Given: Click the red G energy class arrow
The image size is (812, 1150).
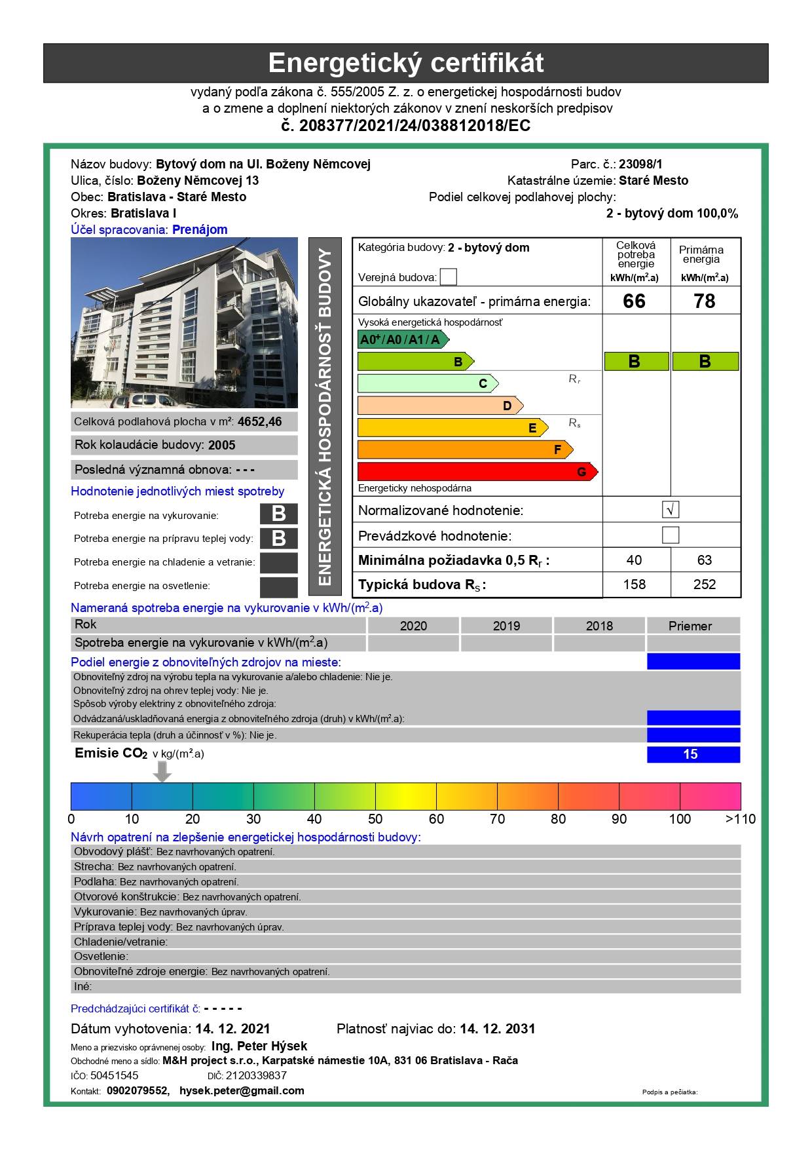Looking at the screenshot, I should [477, 472].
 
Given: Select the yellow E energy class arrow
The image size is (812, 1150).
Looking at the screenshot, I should [452, 428].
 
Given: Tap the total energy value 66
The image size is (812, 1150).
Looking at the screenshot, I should [634, 301].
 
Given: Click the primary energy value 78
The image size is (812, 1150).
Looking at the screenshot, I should [705, 301].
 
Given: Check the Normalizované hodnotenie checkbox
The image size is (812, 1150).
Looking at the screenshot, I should [671, 510].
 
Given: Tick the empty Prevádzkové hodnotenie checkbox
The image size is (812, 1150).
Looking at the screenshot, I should [671, 535].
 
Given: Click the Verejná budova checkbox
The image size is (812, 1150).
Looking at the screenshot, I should [449, 277].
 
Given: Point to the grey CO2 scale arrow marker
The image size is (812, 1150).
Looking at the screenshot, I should [162, 771].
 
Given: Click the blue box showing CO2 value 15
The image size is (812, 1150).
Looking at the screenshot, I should [693, 754].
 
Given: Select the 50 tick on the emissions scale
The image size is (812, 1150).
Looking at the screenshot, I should [375, 819].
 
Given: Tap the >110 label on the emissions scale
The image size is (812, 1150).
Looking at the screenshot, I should [741, 819].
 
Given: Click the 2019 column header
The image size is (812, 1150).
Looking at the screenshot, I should [506, 626].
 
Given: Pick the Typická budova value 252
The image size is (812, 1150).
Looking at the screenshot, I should [705, 585].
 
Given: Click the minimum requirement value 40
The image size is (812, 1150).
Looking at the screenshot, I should [634, 560].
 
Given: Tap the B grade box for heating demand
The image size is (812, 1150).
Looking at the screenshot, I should [278, 514].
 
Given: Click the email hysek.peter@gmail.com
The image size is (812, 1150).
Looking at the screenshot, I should [242, 1091].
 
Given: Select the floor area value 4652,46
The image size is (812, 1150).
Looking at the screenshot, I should [260, 422].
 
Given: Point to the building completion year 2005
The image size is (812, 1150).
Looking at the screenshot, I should [222, 446].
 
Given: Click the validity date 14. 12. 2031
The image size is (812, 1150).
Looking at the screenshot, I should [497, 1029].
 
